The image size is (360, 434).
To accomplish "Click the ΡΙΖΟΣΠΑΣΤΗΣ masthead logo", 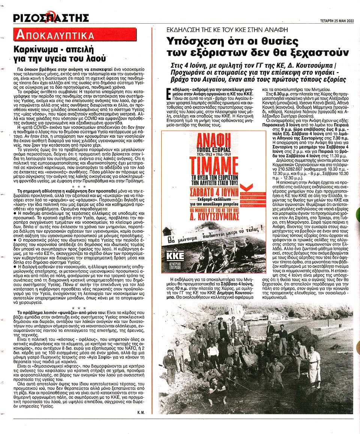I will [51, 17].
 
